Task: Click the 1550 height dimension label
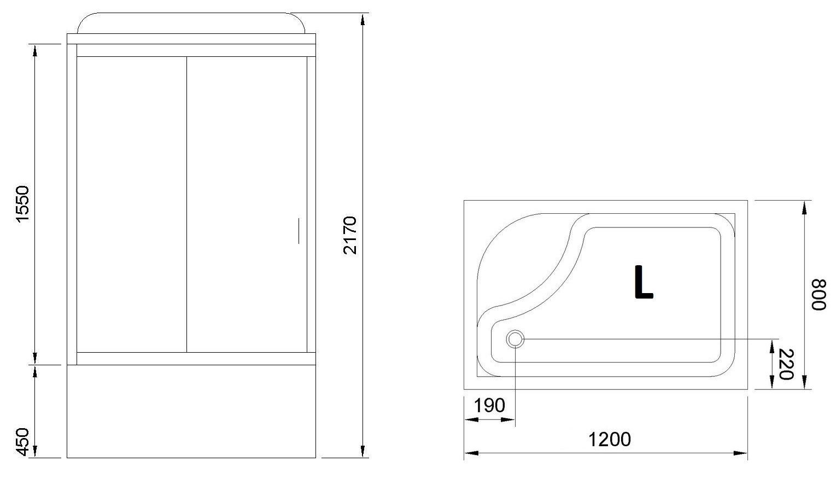point(22,204)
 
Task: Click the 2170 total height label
point(350,235)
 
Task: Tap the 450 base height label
point(23,442)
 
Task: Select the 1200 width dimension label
point(610,440)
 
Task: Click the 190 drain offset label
point(489,405)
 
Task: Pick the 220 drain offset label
point(786,364)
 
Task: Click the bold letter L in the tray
point(644,282)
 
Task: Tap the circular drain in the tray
point(515,340)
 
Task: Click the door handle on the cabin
point(299,231)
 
